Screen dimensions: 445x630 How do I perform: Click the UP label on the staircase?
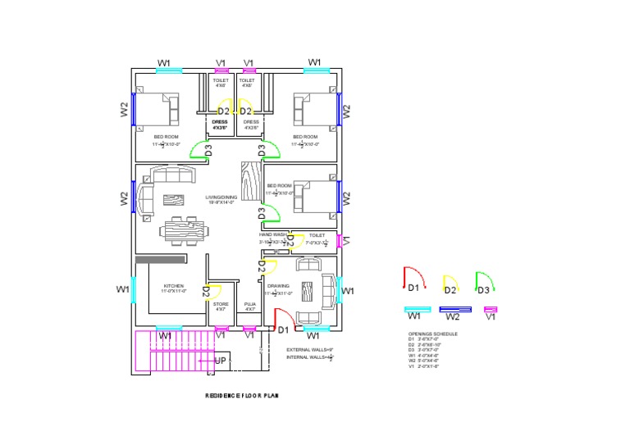coord(220,361)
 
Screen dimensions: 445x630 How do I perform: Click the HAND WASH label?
coord(273,235)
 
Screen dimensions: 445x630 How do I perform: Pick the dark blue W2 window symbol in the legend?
coord(452,309)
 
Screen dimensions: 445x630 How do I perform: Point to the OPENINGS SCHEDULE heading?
coord(433,334)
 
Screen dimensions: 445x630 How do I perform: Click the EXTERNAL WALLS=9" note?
coord(309,350)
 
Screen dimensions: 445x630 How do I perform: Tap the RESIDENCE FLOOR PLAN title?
coord(242,396)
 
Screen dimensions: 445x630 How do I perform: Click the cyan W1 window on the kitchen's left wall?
coord(134,290)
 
